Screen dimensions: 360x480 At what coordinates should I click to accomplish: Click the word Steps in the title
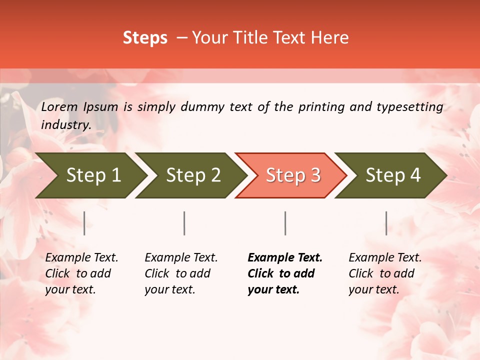(x=145, y=38)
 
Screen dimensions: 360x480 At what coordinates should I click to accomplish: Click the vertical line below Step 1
(x=84, y=223)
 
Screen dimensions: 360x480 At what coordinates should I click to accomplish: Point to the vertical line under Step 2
(x=184, y=223)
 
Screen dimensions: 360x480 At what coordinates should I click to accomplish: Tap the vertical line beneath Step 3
(x=285, y=223)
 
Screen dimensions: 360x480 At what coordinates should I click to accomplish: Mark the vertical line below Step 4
(x=386, y=223)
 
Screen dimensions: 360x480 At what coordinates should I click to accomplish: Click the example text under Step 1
(x=81, y=273)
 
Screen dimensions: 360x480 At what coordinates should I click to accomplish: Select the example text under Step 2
(x=181, y=273)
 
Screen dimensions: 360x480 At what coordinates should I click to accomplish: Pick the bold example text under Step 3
(x=285, y=273)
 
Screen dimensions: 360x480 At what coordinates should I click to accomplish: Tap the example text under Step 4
(x=385, y=273)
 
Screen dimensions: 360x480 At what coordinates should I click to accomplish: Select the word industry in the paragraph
(x=65, y=125)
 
